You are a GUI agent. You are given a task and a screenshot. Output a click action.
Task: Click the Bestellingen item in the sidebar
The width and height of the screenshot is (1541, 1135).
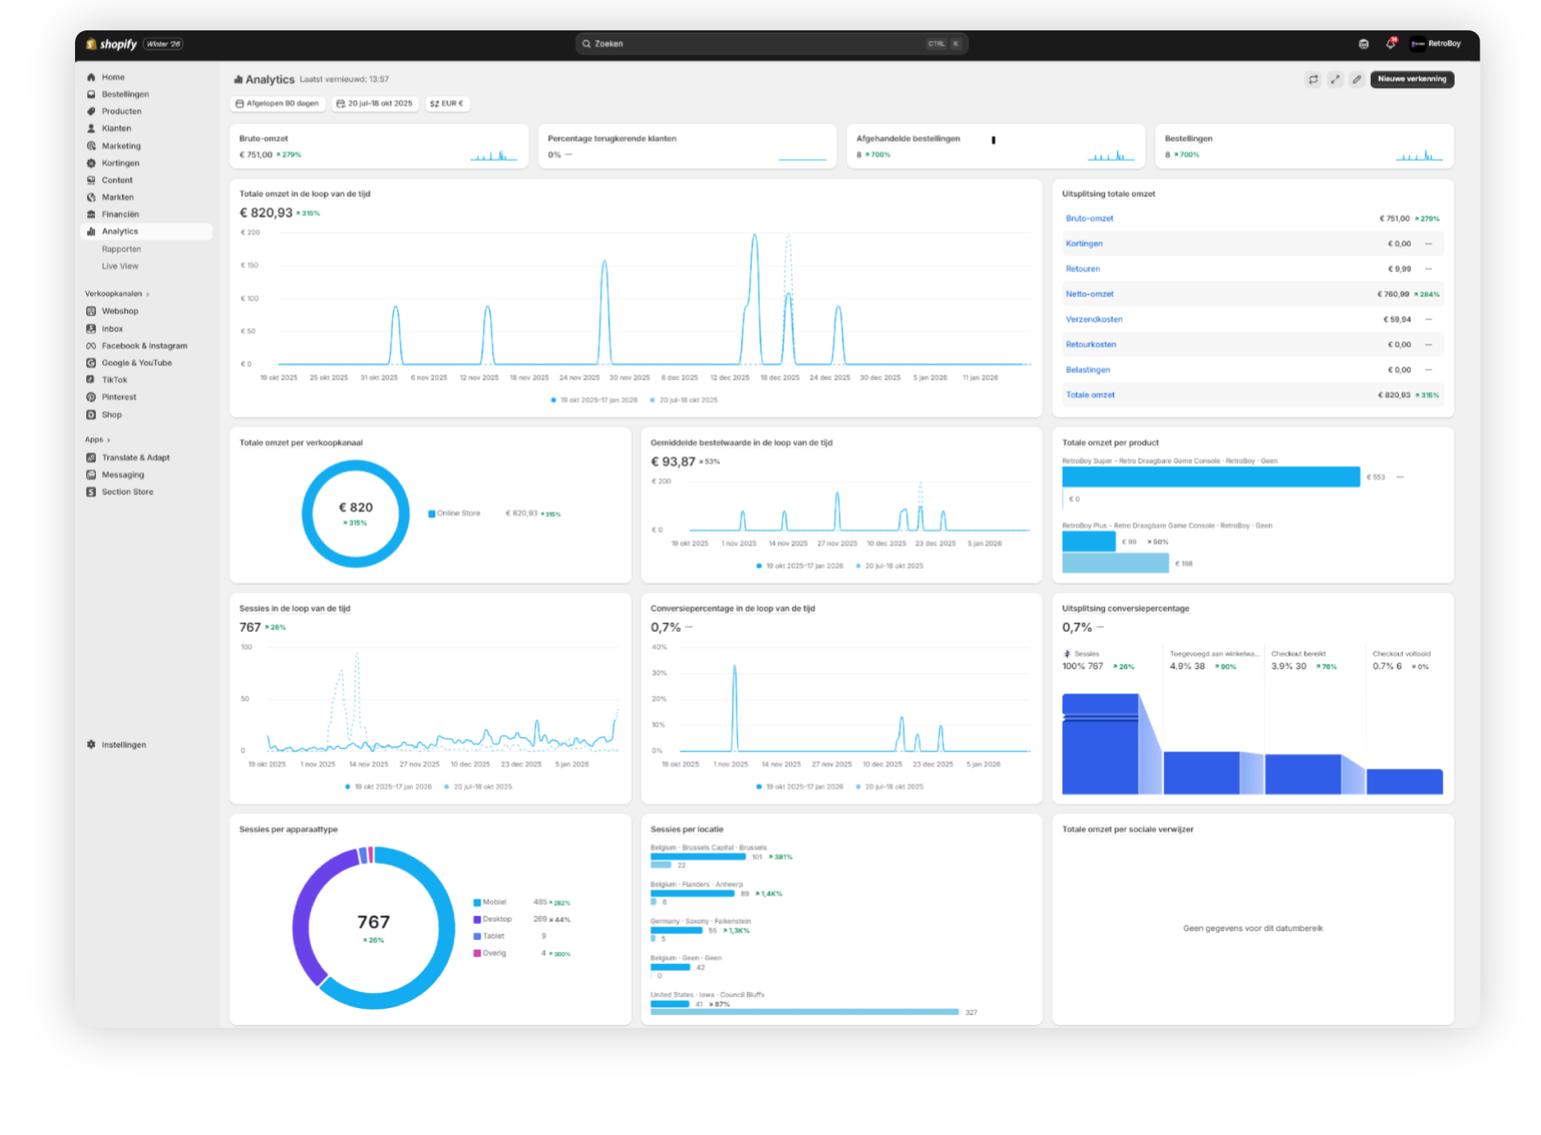click(x=125, y=94)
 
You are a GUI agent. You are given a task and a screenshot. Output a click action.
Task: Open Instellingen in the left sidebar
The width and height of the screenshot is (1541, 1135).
click(x=123, y=744)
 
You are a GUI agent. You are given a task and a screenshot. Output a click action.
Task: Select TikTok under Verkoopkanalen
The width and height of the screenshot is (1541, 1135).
click(x=114, y=380)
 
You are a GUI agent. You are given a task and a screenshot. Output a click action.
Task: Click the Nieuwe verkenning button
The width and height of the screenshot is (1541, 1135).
click(x=1412, y=79)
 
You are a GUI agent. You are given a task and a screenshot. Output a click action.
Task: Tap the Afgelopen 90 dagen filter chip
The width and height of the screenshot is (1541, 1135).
click(x=277, y=104)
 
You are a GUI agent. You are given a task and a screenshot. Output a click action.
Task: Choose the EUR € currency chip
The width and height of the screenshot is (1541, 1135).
click(x=447, y=104)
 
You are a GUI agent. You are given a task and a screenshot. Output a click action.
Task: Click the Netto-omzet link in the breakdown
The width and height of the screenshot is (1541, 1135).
click(x=1089, y=294)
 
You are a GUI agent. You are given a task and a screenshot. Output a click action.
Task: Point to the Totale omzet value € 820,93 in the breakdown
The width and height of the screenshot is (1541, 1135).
click(x=1393, y=395)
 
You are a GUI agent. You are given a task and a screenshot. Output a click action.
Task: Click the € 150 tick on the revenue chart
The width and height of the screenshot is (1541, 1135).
click(x=250, y=265)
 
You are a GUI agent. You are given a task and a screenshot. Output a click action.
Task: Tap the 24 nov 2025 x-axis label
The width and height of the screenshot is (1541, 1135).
click(x=579, y=378)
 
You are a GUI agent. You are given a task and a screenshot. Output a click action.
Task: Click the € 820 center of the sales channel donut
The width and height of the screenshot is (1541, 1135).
click(x=355, y=508)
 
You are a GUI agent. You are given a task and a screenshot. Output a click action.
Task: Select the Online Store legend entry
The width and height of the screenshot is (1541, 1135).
click(x=458, y=514)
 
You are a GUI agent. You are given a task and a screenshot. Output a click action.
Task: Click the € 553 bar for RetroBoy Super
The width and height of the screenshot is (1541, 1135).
click(x=1210, y=477)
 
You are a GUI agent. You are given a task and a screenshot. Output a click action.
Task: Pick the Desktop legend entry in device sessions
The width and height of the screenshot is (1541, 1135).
click(x=496, y=919)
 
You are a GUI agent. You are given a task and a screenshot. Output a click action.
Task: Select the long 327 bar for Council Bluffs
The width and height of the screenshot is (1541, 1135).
click(x=804, y=1012)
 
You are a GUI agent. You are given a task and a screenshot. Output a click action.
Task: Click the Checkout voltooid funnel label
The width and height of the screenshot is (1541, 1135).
click(x=1401, y=653)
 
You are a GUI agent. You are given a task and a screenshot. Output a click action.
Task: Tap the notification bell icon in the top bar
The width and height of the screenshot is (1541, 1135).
click(x=1390, y=44)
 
